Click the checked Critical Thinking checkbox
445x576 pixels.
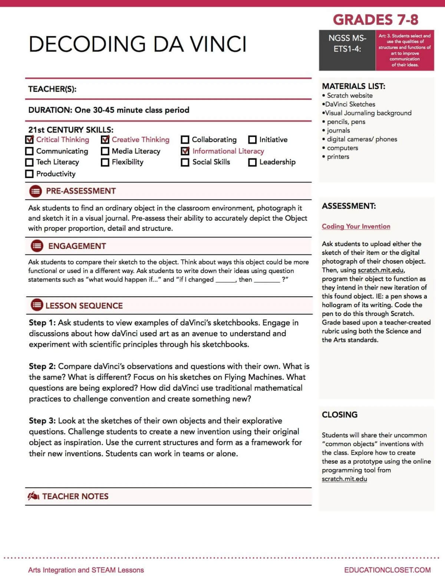tap(30, 140)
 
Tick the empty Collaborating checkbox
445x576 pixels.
tap(185, 140)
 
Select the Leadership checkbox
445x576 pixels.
tap(252, 162)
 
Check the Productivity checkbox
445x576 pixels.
tap(29, 174)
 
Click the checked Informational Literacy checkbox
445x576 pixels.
tap(185, 151)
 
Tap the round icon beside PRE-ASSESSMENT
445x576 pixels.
tap(36, 191)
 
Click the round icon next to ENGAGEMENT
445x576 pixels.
tap(37, 246)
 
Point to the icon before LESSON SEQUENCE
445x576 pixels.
tap(37, 305)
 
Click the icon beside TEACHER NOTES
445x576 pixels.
tap(33, 496)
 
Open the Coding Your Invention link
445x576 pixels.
tap(356, 226)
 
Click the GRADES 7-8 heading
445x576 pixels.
tap(375, 19)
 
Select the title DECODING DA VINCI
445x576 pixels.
tap(137, 44)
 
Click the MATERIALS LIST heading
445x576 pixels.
tap(353, 86)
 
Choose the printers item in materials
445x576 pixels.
tap(338, 157)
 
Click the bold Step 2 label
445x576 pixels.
tap(42, 366)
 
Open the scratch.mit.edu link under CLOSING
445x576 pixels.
tap(344, 479)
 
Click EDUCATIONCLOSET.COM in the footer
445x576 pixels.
tap(387, 570)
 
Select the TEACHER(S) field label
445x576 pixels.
tap(52, 89)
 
